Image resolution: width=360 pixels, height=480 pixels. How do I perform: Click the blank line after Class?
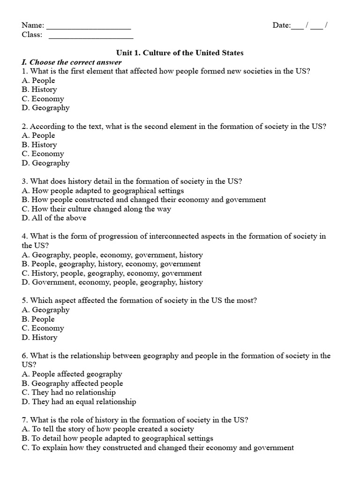(90, 35)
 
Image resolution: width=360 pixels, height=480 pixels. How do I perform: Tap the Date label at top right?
(282, 25)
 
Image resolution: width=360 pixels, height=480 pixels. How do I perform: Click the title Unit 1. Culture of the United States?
(180, 53)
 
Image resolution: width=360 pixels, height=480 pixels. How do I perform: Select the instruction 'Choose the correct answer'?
(72, 62)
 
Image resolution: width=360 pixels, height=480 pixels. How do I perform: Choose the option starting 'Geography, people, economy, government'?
(112, 255)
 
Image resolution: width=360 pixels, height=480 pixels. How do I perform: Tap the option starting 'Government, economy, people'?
(112, 282)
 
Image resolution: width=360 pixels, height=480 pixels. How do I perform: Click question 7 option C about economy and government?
(157, 448)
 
